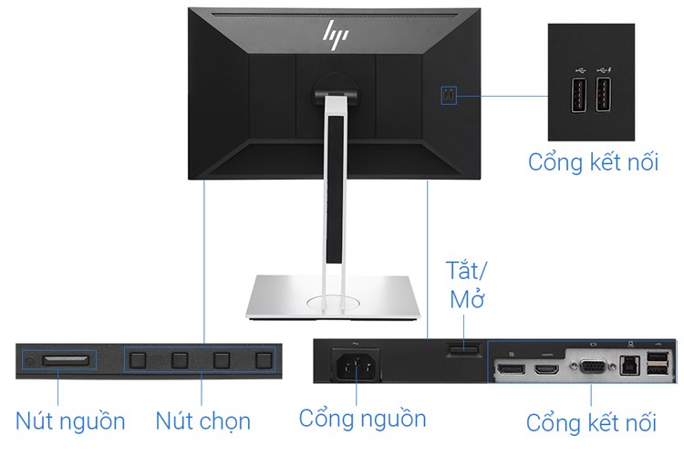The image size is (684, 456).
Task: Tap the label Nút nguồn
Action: coord(70,420)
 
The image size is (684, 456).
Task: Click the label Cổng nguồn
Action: coord(362,419)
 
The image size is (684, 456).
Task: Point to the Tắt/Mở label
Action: coord(467,285)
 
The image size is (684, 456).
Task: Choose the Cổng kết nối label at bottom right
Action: coord(591,422)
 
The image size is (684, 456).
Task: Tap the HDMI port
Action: coord(547,371)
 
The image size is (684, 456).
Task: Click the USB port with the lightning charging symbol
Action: coord(604,96)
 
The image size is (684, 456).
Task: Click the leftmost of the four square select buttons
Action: coord(139,359)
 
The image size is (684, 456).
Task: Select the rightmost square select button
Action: coord(264,359)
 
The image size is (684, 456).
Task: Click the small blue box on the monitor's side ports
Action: coord(449,95)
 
